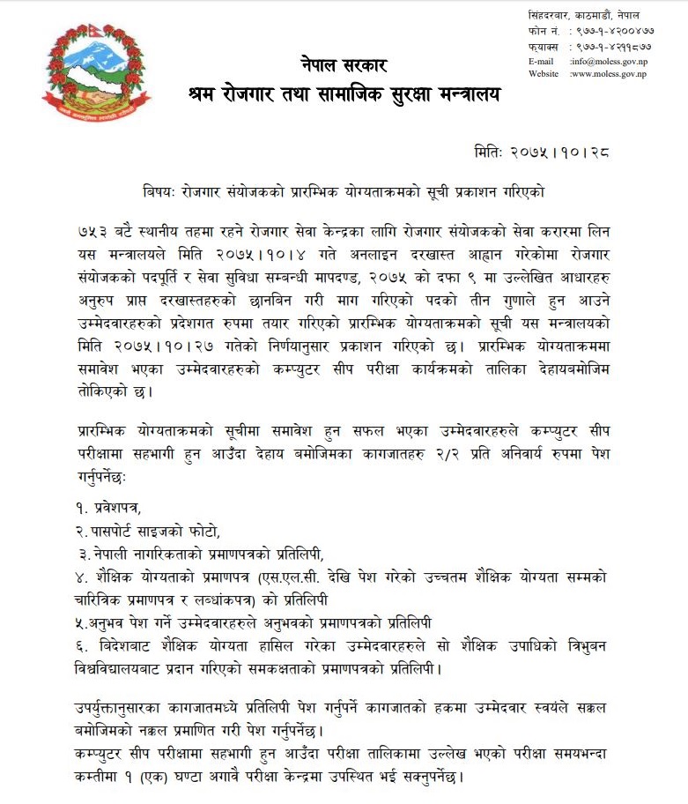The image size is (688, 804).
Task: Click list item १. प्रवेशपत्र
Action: (x=108, y=509)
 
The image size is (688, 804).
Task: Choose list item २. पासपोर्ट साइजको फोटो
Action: (x=146, y=531)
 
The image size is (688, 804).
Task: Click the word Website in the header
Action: (x=544, y=74)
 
